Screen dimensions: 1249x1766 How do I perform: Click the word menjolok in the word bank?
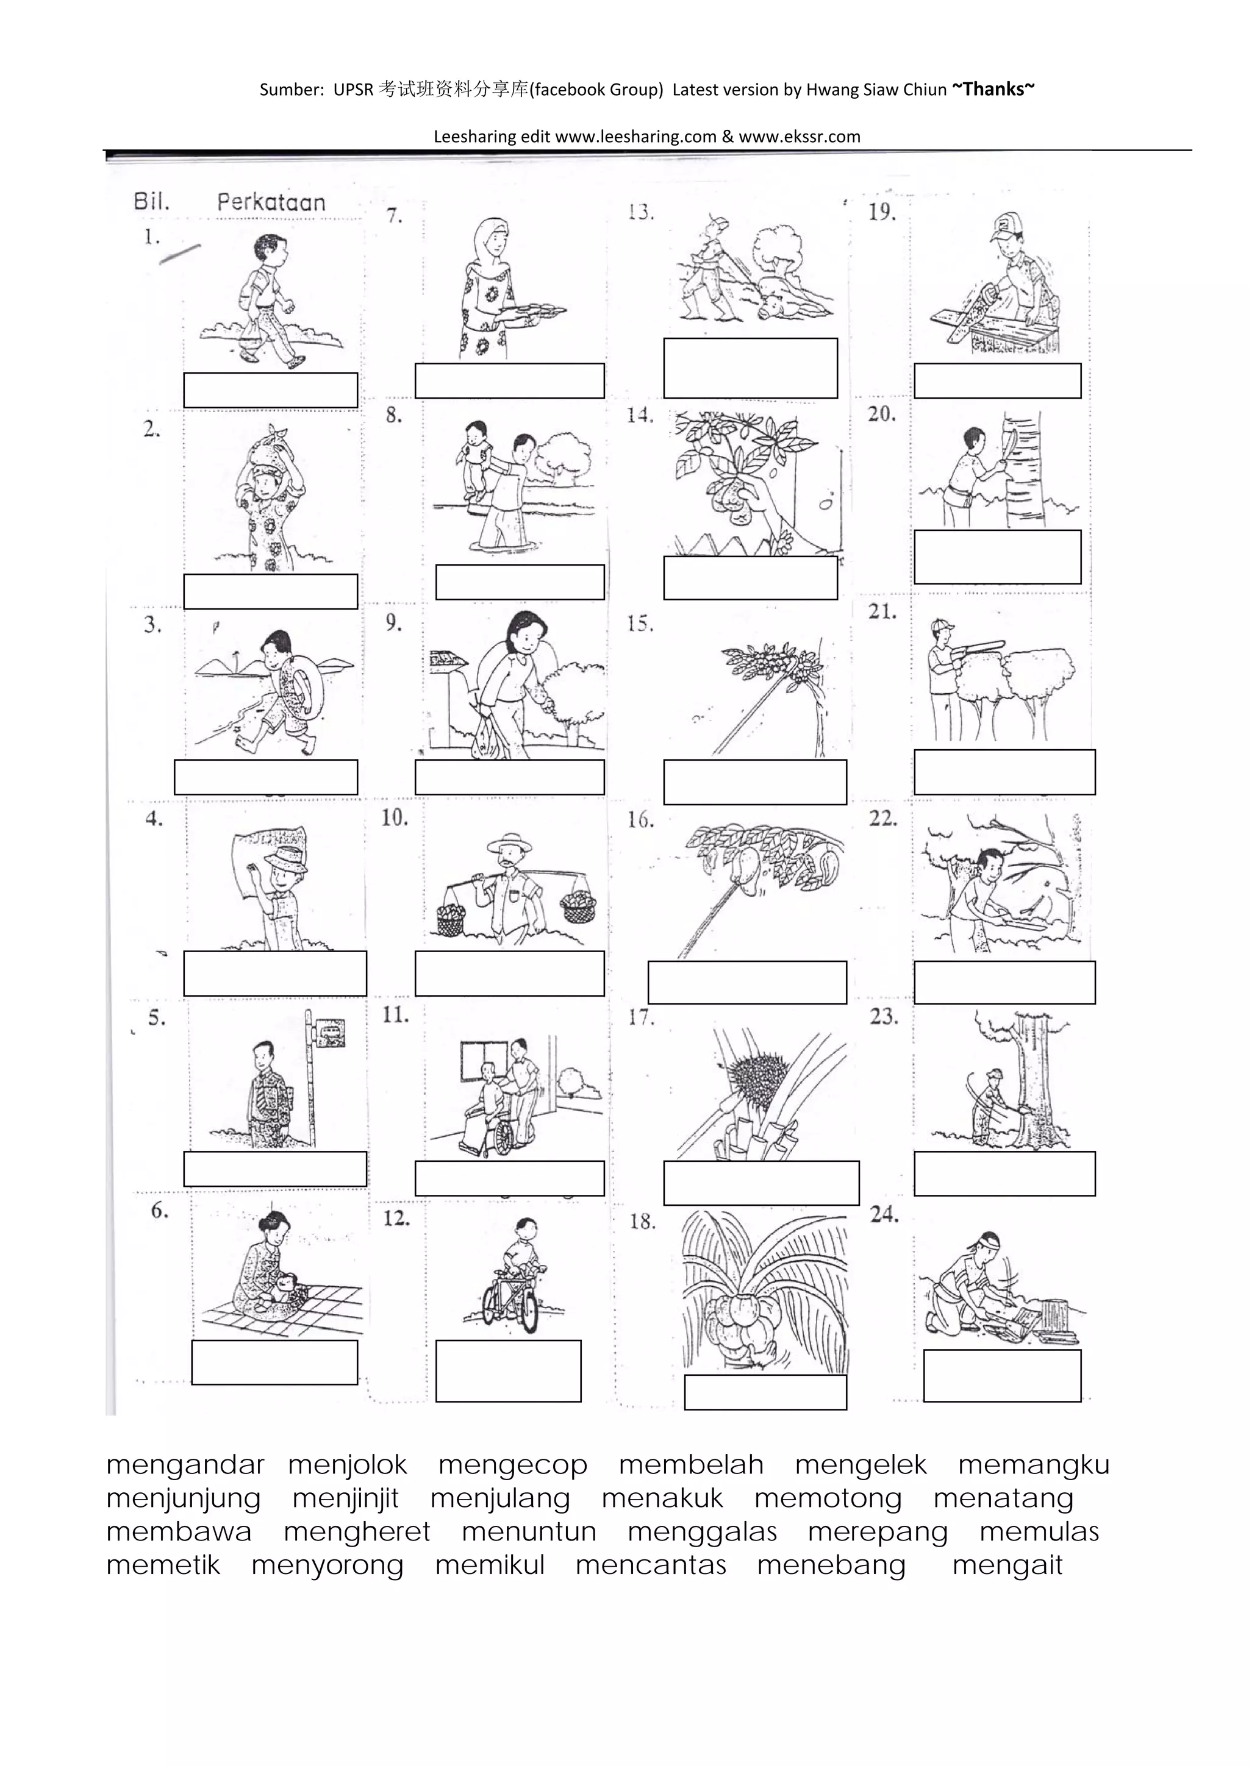347,1466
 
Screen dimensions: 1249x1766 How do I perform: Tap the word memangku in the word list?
1034,1466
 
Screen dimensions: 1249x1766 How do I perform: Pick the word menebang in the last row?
831,1566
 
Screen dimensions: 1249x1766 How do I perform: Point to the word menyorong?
327,1566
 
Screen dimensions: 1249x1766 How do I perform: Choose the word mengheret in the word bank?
356,1532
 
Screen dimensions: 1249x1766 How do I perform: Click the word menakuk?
662,1498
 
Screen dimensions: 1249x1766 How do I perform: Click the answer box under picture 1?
270,390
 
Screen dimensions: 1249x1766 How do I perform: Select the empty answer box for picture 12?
508,1370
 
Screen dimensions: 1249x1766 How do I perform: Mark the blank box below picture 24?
1002,1375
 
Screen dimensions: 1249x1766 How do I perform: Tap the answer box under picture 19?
997,381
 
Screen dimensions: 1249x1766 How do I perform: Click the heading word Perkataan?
271,202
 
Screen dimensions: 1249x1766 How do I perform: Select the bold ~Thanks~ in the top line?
993,89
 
